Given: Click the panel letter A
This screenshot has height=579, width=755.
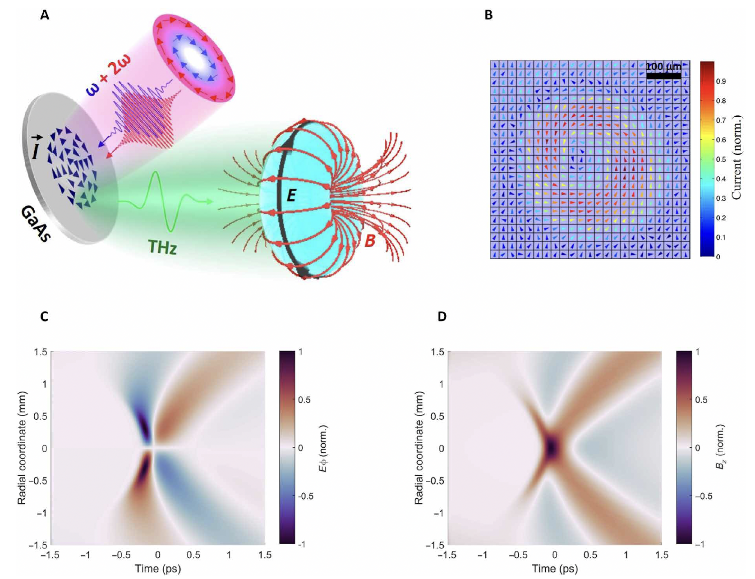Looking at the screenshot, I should click(x=45, y=15).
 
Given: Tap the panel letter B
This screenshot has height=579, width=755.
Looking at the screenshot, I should click(x=488, y=15).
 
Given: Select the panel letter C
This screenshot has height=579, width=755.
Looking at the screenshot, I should click(x=44, y=317).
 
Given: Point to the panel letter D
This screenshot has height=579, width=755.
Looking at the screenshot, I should click(x=442, y=317).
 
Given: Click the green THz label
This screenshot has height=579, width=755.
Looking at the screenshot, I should click(x=162, y=247).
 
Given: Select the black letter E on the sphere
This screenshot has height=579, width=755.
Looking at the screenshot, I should click(x=291, y=195).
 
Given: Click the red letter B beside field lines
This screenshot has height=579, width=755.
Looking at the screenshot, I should click(x=369, y=241).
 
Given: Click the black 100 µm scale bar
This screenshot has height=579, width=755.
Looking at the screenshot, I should click(x=663, y=76).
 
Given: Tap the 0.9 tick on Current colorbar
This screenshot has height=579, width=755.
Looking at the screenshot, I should click(x=721, y=82).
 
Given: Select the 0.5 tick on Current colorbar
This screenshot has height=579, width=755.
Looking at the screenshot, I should click(x=721, y=160).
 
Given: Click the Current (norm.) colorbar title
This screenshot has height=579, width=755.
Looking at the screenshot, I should click(x=737, y=157).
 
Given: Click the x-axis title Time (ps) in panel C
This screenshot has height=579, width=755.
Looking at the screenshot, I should click(x=157, y=569).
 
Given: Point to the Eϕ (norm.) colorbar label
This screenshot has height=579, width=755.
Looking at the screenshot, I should click(x=323, y=448).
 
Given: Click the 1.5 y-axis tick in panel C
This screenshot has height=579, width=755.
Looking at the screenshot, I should click(x=40, y=352).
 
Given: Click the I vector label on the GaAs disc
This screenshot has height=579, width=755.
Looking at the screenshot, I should click(x=36, y=151).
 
